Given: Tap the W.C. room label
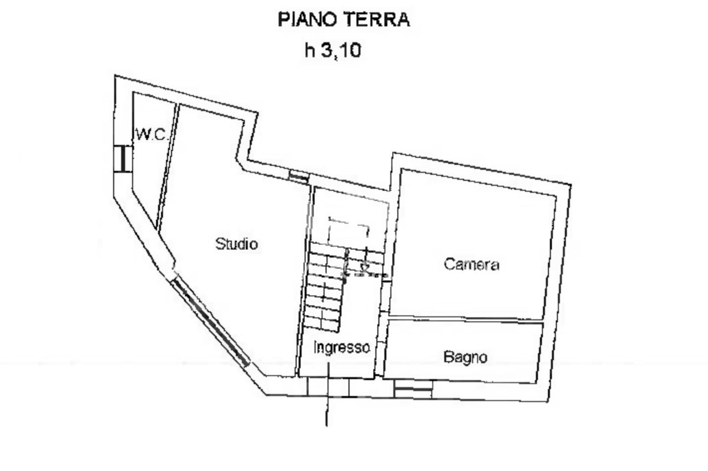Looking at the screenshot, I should (150, 134).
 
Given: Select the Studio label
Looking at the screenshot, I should (236, 243).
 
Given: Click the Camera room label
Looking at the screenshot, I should (471, 264).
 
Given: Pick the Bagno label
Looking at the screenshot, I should (466, 357).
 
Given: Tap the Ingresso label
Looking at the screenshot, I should (341, 348).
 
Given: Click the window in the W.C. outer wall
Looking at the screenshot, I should (122, 159).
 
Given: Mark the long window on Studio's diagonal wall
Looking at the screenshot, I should (210, 321).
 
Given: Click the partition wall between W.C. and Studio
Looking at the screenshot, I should (167, 166).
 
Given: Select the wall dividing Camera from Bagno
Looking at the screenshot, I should (465, 320).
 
